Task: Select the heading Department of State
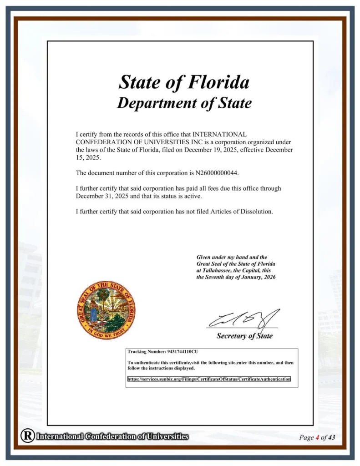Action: tap(184, 103)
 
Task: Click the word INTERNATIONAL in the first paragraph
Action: tap(220, 134)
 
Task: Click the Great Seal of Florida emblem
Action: tap(106, 310)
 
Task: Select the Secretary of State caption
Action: tap(244, 336)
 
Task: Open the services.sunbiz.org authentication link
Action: tap(208, 379)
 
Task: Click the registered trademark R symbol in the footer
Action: tap(27, 436)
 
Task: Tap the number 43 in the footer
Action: tap(331, 438)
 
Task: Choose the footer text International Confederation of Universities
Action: tap(112, 436)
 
